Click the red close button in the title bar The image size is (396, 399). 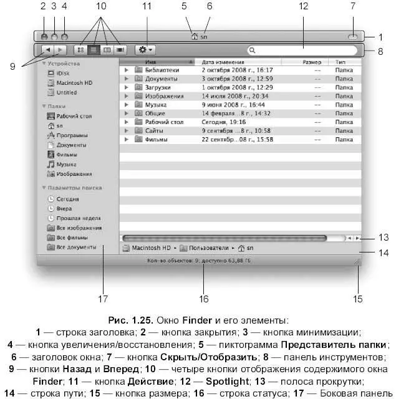pos(44,37)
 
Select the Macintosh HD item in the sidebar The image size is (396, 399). pos(74,83)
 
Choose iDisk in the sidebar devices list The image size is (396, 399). pos(64,73)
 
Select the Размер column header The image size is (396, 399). pos(312,62)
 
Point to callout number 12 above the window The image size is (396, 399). pos(304,7)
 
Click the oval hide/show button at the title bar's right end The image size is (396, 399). pos(353,37)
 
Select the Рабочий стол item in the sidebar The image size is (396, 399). pos(74,116)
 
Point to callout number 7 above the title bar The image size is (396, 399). pos(354,7)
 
